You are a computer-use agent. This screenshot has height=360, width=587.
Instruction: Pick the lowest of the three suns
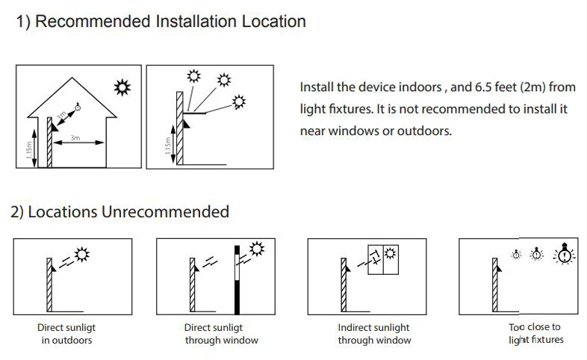238,100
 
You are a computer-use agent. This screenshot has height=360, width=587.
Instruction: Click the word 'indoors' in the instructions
420,87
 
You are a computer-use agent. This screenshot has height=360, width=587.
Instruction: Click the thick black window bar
237,279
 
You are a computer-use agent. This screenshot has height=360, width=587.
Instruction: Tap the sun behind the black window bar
258,249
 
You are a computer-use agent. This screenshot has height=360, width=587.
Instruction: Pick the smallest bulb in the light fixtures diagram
515,255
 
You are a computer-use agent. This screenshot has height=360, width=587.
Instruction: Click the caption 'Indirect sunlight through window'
374,334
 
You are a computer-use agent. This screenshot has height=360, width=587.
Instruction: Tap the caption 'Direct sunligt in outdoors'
66,334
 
